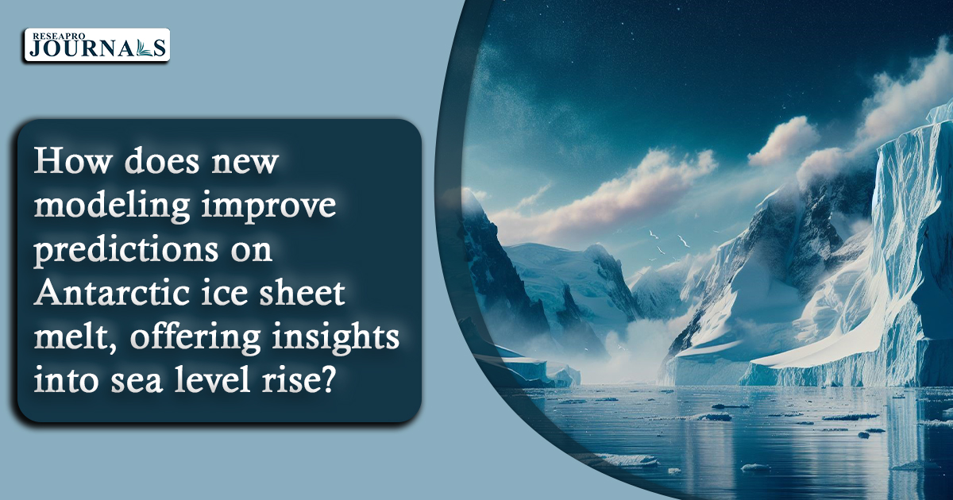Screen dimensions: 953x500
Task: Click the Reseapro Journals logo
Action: tap(97, 45)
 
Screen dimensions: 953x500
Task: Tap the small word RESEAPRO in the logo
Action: tap(59, 37)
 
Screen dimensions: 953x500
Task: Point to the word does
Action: tap(162, 161)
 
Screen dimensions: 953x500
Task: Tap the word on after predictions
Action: tap(252, 252)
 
